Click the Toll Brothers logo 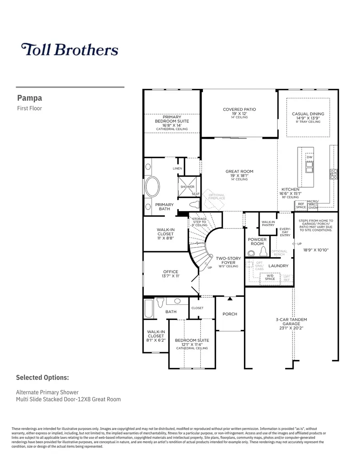(x=70, y=50)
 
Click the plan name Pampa (x=30, y=98)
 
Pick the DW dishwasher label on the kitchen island (x=309, y=157)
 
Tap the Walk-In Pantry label (x=268, y=223)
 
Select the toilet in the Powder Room (x=263, y=252)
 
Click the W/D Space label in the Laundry (x=270, y=277)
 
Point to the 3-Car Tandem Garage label (x=291, y=324)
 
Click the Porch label (x=230, y=314)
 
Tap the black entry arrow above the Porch (x=230, y=298)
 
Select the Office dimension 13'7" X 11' (x=170, y=276)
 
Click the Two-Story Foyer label (x=228, y=260)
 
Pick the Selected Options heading (x=42, y=377)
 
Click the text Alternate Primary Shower (x=47, y=392)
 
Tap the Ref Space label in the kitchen (x=301, y=206)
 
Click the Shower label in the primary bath (x=187, y=187)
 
